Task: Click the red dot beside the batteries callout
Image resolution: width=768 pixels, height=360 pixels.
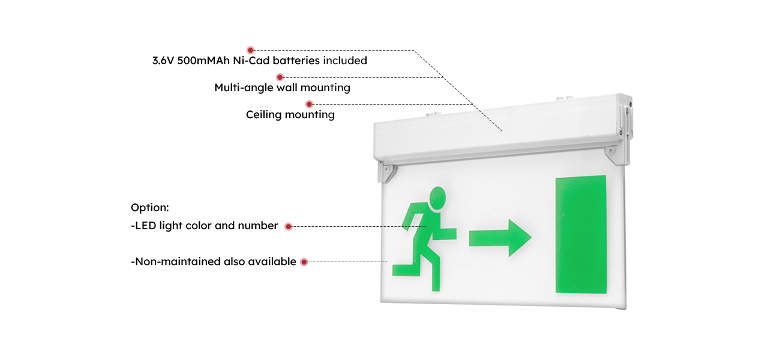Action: [251, 50]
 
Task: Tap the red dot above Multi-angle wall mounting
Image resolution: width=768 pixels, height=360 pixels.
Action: [280, 77]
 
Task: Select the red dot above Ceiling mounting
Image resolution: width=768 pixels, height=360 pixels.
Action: [310, 104]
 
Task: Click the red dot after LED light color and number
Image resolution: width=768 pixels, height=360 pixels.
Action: [289, 226]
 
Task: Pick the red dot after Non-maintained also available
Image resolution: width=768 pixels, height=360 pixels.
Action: [304, 262]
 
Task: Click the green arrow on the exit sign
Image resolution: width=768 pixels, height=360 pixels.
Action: [500, 238]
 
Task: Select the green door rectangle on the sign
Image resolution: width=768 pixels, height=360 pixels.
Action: [580, 235]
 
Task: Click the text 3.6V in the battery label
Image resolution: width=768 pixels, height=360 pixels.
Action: [163, 61]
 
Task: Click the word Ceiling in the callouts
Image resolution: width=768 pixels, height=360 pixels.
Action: [264, 114]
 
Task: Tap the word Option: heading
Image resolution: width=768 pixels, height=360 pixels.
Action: [150, 208]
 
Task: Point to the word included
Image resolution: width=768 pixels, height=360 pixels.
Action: [345, 61]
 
